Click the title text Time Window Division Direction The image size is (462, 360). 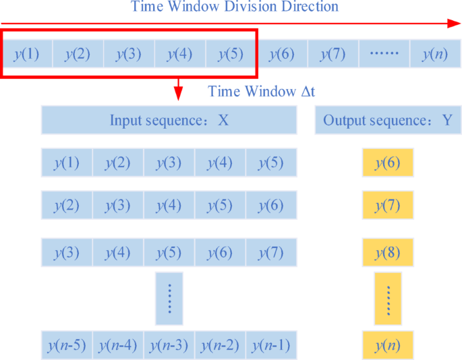coord(235,7)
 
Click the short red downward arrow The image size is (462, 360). coord(179,88)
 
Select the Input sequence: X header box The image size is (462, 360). coord(169,121)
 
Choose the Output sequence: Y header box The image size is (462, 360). coord(388,121)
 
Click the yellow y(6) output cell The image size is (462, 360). coord(388,163)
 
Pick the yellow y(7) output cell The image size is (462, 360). coord(388,205)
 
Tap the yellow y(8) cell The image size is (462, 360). coord(388,253)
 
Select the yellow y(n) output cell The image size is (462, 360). coord(388,346)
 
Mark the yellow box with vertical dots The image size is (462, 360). coord(388,298)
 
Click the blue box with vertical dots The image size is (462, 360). coord(169,298)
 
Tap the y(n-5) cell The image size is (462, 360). coord(67,346)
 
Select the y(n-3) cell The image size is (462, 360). coord(169,346)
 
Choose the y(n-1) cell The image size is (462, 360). coord(271,346)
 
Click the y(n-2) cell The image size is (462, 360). coord(221,346)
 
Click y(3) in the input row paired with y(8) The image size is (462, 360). coord(67,253)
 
